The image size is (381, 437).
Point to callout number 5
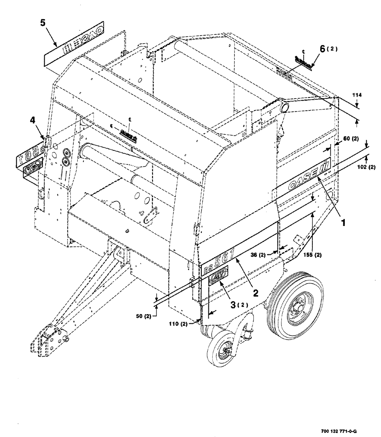(x=43, y=23)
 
